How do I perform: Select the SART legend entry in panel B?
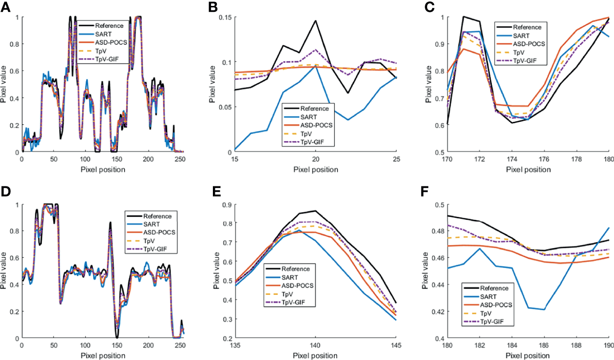[308, 116]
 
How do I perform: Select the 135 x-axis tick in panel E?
[235, 346]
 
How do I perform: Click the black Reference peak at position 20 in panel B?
[315, 21]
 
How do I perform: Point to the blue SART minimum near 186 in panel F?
[544, 309]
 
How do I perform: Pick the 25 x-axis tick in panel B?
[396, 160]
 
